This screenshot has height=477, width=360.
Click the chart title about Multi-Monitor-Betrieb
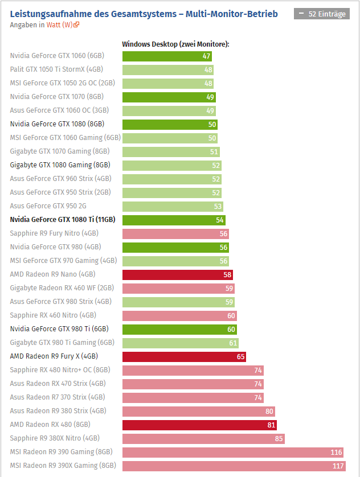pyautogui.click(x=144, y=14)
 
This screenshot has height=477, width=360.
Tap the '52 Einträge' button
pyautogui.click(x=322, y=14)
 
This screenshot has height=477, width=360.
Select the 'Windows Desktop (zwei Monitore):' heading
pyautogui.click(x=175, y=44)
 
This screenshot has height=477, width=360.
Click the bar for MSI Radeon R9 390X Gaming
pyautogui.click(x=234, y=466)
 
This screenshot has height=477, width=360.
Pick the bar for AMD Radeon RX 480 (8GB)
pyautogui.click(x=199, y=425)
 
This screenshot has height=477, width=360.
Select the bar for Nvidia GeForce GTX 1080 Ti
pyautogui.click(x=174, y=220)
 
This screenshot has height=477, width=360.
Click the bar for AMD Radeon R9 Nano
pyautogui.click(x=177, y=274)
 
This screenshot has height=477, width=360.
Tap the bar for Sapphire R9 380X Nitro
pyautogui.click(x=203, y=438)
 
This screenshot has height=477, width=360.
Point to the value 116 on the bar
pyautogui.click(x=336, y=452)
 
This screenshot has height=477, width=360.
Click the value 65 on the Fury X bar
pyautogui.click(x=241, y=356)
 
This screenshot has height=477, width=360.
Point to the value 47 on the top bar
pyautogui.click(x=206, y=56)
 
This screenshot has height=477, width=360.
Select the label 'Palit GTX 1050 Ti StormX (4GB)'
pyautogui.click(x=56, y=69)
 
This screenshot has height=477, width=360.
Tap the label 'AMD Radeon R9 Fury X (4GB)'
pyautogui.click(x=54, y=356)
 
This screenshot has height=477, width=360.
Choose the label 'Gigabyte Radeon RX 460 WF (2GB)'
pyautogui.click(x=62, y=288)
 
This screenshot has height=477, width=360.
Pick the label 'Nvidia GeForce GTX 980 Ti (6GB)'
pyautogui.click(x=59, y=328)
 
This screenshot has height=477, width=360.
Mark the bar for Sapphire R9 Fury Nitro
pyautogui.click(x=176, y=233)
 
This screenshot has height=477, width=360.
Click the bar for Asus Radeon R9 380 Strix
pyautogui.click(x=198, y=411)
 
